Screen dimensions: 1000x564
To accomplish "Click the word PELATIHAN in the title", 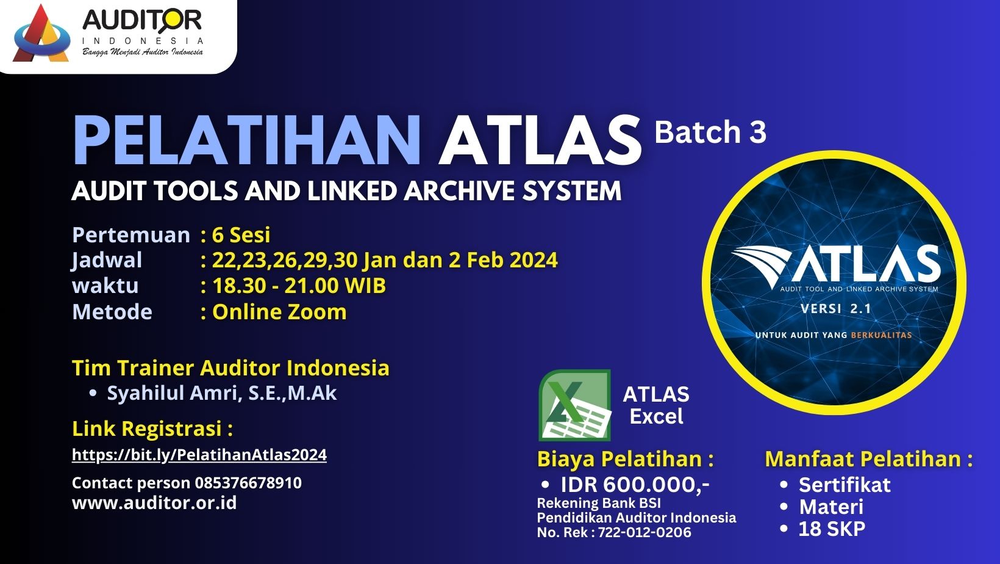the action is (x=247, y=141).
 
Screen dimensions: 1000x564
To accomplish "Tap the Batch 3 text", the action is (x=710, y=132).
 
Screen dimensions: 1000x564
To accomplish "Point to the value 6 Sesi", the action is (x=241, y=235).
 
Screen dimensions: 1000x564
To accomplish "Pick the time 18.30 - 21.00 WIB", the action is (x=299, y=286).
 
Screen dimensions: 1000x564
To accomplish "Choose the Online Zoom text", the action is (x=279, y=311).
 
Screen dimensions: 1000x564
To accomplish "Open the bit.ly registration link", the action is (x=199, y=455).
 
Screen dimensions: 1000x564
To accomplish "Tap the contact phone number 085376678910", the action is (x=248, y=483).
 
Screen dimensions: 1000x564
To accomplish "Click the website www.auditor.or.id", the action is (x=154, y=503).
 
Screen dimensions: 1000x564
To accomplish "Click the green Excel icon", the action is (x=575, y=405).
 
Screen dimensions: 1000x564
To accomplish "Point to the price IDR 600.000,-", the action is (x=635, y=485).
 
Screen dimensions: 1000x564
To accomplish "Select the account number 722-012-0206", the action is (x=644, y=532).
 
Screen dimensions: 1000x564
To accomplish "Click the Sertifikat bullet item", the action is (x=845, y=485).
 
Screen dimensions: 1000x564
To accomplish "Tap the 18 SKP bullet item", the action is (x=832, y=529).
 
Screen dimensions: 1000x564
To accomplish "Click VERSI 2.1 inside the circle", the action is (x=836, y=309).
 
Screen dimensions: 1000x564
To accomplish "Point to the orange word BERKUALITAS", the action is (x=881, y=335).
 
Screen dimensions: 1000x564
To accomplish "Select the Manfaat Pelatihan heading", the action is (x=869, y=460).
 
